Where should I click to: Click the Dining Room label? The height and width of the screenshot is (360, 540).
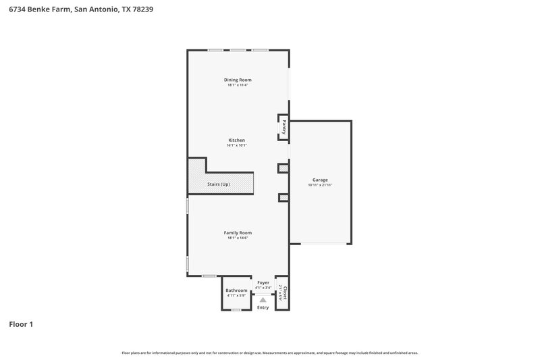tap(238, 80)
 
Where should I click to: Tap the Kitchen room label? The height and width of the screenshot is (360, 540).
tap(236, 140)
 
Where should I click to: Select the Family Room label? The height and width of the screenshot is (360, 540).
tap(238, 232)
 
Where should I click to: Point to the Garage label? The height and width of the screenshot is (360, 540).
tap(320, 180)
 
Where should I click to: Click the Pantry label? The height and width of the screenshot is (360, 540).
tap(284, 126)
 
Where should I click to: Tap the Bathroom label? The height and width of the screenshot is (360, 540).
tap(236, 290)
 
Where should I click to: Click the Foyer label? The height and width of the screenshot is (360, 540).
tap(263, 283)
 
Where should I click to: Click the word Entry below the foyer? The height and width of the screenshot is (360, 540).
tap(263, 307)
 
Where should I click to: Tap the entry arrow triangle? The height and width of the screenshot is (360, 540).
tap(263, 299)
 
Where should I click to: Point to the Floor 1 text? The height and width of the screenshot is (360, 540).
tap(21, 324)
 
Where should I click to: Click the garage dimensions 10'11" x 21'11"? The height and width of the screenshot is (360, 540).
tap(320, 184)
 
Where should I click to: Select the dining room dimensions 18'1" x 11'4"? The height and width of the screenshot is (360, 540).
tap(238, 84)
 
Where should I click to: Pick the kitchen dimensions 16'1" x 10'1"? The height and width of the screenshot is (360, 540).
tap(236, 145)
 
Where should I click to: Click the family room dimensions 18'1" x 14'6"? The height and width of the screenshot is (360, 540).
tap(238, 237)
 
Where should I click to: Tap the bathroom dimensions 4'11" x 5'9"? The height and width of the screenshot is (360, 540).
tap(236, 295)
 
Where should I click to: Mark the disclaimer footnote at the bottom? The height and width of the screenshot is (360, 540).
tap(270, 353)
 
